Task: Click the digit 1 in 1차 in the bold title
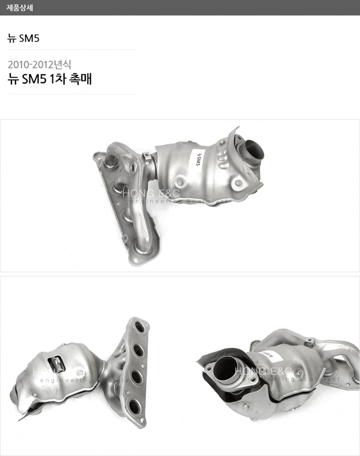pos(51,79)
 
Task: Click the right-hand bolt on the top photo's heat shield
pos(237,183)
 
